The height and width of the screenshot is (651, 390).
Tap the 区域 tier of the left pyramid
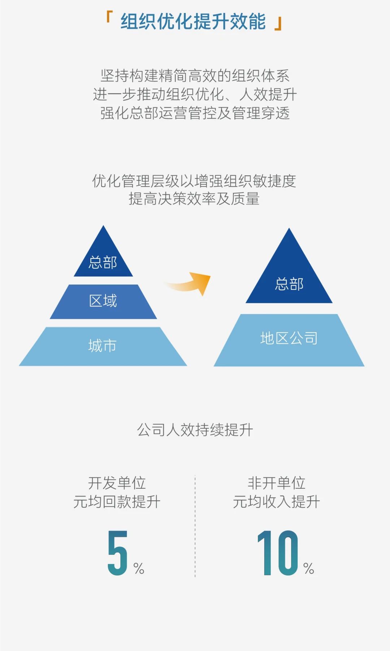[x=103, y=302]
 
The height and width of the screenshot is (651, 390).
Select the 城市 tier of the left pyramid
[x=103, y=346]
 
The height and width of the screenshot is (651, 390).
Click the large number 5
[x=118, y=553]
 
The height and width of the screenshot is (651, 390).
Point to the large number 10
[x=278, y=553]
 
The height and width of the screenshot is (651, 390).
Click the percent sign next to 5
[x=139, y=568]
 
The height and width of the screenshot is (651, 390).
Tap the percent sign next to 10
[x=309, y=568]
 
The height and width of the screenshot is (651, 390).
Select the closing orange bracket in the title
[x=278, y=25]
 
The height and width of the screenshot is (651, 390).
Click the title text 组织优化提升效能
[x=193, y=21]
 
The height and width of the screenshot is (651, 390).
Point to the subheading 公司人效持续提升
[x=195, y=430]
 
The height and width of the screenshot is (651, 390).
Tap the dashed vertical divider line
[x=195, y=527]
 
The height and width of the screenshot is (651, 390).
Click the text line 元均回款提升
[x=117, y=502]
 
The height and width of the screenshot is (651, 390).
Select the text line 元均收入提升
[x=276, y=502]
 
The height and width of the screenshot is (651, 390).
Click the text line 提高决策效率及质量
[x=194, y=199]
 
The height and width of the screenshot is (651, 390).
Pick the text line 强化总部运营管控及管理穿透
[x=195, y=113]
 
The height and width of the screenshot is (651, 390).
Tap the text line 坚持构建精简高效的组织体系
[x=195, y=76]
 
